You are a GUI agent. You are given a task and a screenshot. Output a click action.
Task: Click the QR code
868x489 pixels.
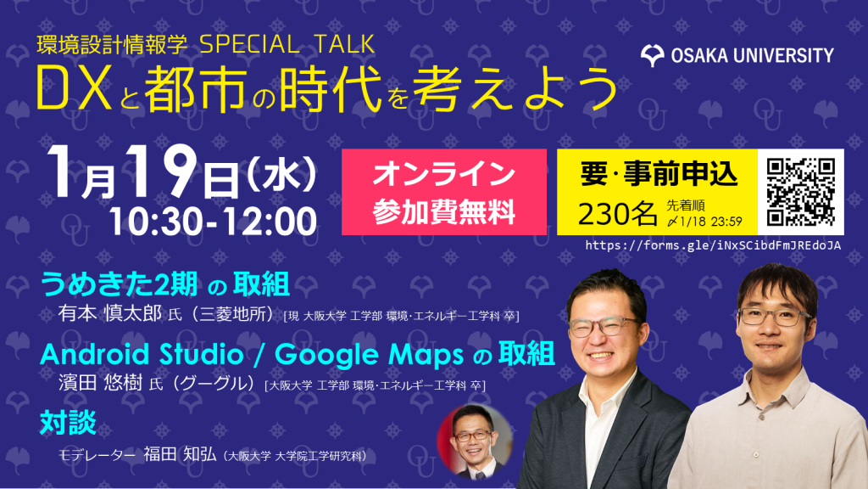(800, 192)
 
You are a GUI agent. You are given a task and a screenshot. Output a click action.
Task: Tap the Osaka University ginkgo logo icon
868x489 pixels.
(653, 56)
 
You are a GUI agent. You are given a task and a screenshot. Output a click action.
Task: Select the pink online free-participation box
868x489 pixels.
(444, 192)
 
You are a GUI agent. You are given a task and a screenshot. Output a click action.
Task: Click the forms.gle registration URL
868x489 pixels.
(713, 245)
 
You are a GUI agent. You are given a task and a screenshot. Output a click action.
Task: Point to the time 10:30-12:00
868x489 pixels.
(213, 222)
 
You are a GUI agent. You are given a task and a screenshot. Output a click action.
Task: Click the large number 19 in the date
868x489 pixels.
(162, 171)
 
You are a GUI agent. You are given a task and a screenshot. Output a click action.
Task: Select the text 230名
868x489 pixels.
(617, 213)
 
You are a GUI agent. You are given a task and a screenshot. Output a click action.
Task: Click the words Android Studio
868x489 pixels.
(142, 354)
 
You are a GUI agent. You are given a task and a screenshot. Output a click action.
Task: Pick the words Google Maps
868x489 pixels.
(370, 355)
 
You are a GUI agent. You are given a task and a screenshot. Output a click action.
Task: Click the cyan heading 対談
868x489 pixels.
(68, 423)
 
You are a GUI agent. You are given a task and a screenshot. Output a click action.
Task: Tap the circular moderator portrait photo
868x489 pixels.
(475, 441)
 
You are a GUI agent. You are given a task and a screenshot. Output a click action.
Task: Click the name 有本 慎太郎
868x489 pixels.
(109, 314)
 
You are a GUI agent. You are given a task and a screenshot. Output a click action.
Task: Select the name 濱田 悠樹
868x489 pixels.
(101, 383)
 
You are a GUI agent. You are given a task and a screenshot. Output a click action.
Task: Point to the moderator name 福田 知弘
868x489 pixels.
(180, 454)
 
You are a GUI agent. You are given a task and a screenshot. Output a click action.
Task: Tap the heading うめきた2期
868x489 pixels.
(119, 284)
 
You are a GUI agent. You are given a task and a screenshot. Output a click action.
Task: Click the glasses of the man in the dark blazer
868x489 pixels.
(604, 327)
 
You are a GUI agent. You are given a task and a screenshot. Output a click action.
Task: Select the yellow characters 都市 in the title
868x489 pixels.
(196, 88)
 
